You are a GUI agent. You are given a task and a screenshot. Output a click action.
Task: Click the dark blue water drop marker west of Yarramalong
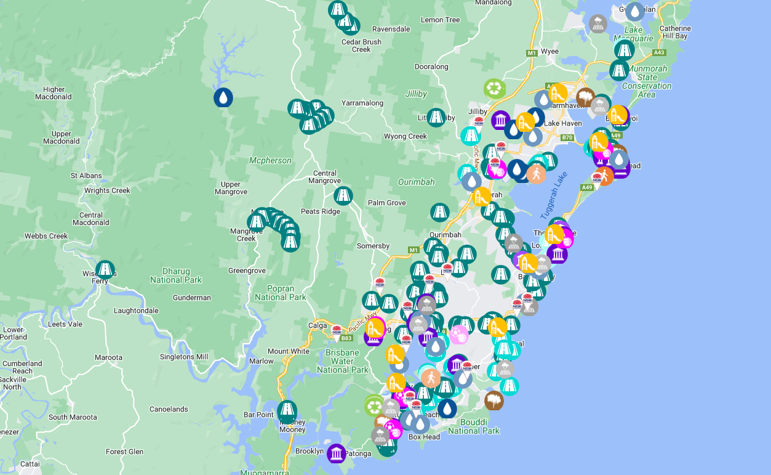pos(223,97)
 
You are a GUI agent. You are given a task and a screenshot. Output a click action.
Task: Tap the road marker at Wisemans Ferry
pos(105,269)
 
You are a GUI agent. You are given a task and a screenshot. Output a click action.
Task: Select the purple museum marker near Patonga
pos(336,453)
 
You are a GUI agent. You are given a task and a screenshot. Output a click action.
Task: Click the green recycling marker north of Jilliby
pos(494,89)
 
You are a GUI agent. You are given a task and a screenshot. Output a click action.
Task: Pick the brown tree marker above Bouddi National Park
pos(493,400)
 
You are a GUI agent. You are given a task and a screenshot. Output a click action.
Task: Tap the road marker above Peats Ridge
pos(343,196)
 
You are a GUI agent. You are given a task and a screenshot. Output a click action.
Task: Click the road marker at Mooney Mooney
pos(287,410)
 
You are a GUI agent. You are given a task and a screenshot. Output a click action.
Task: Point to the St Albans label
pos(86,176)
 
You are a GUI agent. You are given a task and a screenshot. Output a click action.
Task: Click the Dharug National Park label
pos(175,275)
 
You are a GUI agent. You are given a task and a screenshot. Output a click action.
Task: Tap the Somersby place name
pos(374,246)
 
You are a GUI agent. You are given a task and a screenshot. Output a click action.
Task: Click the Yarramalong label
pos(362,103)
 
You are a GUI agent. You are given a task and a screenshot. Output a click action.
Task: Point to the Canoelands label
pos(169,409)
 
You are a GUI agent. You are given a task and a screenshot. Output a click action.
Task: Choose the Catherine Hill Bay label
pos(675,32)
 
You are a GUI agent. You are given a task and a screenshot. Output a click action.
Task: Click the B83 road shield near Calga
pos(346,338)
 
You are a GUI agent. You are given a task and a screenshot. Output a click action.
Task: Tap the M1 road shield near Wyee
pos(532,54)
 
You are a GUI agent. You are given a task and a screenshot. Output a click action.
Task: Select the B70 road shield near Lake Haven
pos(567,137)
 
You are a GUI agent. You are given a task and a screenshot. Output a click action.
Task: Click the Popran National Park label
pos(280,293)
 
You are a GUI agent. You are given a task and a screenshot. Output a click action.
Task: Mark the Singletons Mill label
pos(184,357)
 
